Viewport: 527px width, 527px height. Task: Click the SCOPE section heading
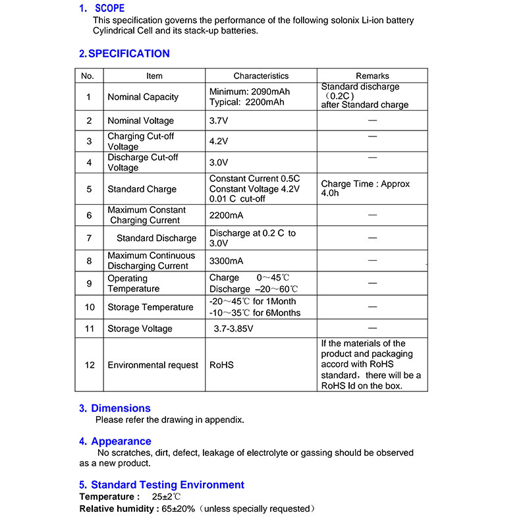click(x=109, y=9)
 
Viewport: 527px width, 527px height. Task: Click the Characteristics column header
click(x=261, y=76)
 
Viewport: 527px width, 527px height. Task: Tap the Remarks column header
click(x=372, y=76)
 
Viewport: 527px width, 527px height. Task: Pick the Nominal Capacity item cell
click(x=143, y=97)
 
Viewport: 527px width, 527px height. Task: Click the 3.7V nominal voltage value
click(x=219, y=121)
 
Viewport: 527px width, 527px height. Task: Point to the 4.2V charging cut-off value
click(x=219, y=141)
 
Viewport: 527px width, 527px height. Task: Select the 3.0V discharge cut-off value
click(x=219, y=162)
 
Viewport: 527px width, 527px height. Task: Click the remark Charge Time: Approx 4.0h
click(x=366, y=189)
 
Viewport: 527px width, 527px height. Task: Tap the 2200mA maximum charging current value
click(x=226, y=215)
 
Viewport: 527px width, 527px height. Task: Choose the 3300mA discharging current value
click(x=226, y=261)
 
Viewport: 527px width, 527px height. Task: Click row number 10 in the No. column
click(x=90, y=307)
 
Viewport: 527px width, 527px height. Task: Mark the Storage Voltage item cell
click(x=140, y=329)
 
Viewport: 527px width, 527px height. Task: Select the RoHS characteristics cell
click(x=221, y=365)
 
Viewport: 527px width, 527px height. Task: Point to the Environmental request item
click(x=153, y=365)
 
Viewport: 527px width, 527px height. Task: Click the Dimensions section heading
click(x=121, y=408)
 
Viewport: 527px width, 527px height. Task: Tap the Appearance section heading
click(x=121, y=441)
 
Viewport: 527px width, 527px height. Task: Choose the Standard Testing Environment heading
click(x=167, y=485)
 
